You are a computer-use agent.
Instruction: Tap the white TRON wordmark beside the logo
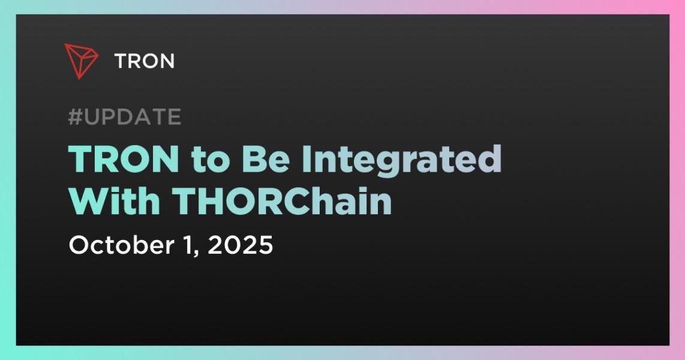click(145, 61)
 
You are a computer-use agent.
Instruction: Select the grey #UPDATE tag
click(125, 116)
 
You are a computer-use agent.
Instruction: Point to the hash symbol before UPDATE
click(75, 116)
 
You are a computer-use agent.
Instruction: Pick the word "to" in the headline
click(211, 160)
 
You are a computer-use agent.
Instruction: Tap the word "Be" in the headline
click(266, 159)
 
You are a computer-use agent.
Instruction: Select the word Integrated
click(401, 161)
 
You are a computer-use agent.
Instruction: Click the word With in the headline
click(115, 201)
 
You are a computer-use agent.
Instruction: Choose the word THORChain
click(282, 201)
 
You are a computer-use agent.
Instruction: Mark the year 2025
click(241, 245)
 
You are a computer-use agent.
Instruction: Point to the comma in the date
click(196, 254)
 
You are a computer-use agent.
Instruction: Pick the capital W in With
click(89, 201)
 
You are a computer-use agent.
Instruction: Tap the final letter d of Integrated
click(489, 158)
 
